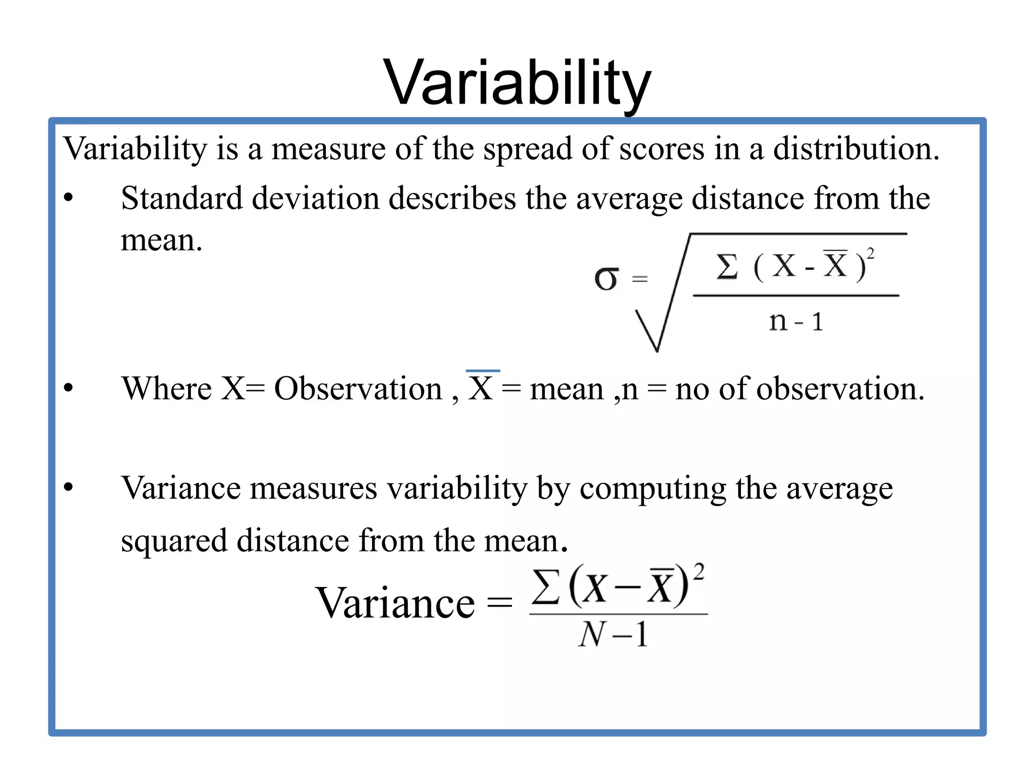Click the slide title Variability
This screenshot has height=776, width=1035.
(x=517, y=83)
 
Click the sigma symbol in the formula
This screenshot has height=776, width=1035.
(x=606, y=279)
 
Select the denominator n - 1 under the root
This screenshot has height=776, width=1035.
(x=796, y=321)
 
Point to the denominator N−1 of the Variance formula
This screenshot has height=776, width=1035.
(x=613, y=635)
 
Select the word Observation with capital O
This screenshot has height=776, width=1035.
(x=358, y=389)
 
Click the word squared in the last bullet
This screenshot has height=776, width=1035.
(x=174, y=541)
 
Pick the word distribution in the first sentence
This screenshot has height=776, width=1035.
(x=856, y=149)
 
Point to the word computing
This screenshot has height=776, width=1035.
(x=652, y=489)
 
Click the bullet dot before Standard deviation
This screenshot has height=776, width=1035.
(x=69, y=198)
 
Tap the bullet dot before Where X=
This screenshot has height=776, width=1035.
(x=69, y=388)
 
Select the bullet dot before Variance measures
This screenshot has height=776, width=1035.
(x=69, y=488)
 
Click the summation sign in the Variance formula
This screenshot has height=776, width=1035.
(x=546, y=587)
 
